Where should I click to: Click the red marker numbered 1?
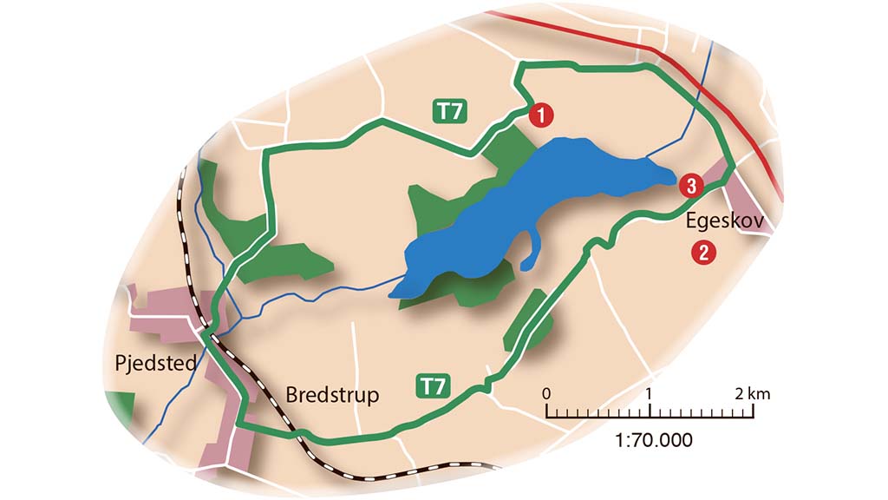tap(540, 114)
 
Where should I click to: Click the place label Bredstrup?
tap(333, 395)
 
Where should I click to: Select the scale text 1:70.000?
tap(654, 440)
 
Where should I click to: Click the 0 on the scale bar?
tap(546, 393)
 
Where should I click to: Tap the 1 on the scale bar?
tap(650, 393)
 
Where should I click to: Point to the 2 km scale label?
tap(751, 393)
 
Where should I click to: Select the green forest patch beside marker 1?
tap(502, 148)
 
